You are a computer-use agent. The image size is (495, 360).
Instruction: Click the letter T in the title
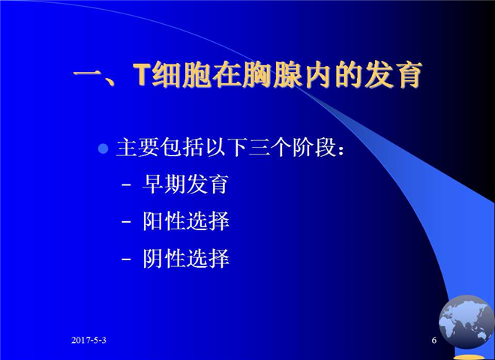tap(142, 75)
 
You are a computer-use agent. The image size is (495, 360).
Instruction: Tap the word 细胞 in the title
tap(182, 75)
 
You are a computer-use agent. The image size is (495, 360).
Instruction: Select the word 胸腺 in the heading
tap(272, 75)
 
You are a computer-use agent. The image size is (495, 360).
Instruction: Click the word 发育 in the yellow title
tap(393, 75)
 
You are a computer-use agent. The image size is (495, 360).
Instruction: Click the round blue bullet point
tap(103, 148)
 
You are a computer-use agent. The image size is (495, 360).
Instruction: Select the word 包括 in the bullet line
tap(181, 147)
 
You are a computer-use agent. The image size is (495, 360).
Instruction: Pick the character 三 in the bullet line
tap(258, 148)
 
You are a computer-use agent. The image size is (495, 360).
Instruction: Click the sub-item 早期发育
tap(185, 184)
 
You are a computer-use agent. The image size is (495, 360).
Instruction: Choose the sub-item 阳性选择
tap(186, 221)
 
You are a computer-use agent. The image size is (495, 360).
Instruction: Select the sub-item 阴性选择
tap(186, 259)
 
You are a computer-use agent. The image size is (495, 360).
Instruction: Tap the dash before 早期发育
tap(126, 185)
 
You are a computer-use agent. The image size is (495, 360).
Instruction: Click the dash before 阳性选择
tap(126, 222)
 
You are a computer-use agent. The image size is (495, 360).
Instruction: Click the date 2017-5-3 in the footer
tap(88, 340)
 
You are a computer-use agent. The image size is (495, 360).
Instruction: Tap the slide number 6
tap(434, 340)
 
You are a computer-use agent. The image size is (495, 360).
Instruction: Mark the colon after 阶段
tap(340, 149)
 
